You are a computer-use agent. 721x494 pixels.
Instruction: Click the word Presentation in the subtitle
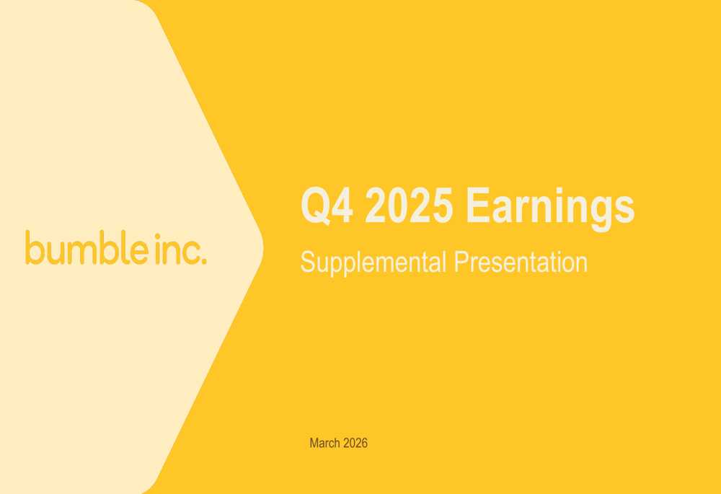click(521, 262)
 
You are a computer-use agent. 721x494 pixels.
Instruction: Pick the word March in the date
click(324, 443)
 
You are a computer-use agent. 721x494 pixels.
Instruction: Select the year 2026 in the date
click(355, 443)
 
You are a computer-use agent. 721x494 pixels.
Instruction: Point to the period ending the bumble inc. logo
click(204, 261)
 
